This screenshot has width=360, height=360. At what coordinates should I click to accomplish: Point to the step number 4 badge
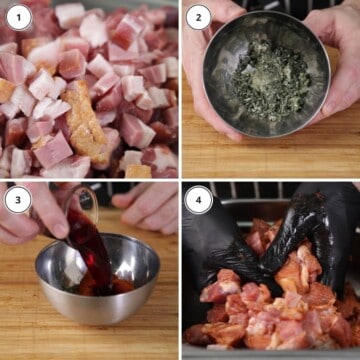(197, 198)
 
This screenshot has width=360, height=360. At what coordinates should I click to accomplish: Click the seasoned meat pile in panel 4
(270, 310)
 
